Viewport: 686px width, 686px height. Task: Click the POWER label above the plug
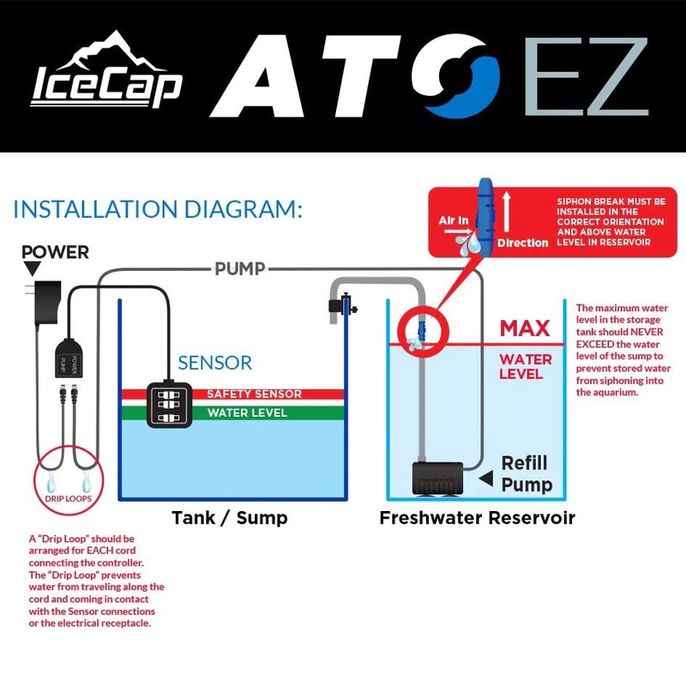pos(56,252)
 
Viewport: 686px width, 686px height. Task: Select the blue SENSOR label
pos(214,362)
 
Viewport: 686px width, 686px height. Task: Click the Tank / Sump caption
pos(230,518)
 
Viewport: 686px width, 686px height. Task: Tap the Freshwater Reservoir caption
pos(477,518)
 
